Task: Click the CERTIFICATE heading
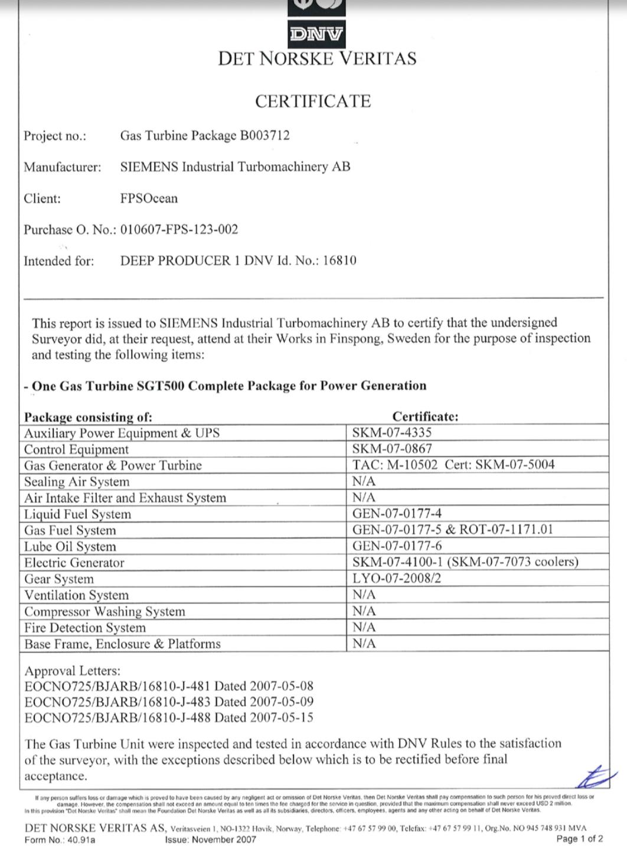tap(313, 102)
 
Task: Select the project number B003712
tap(264, 136)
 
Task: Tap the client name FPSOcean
tap(149, 198)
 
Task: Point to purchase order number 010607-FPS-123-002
tap(179, 230)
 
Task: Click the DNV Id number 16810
tap(339, 261)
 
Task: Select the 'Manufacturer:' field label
tap(62, 167)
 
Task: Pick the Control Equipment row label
tap(76, 449)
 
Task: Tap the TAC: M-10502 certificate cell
tap(395, 465)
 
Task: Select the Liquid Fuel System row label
tap(77, 514)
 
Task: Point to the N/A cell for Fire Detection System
tap(364, 627)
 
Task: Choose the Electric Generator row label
tap(74, 563)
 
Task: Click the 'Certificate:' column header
tap(425, 416)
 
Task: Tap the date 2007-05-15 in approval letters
tap(282, 718)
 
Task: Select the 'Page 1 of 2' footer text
tap(579, 839)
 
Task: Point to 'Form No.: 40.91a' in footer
tap(60, 840)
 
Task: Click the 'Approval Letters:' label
tap(72, 671)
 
